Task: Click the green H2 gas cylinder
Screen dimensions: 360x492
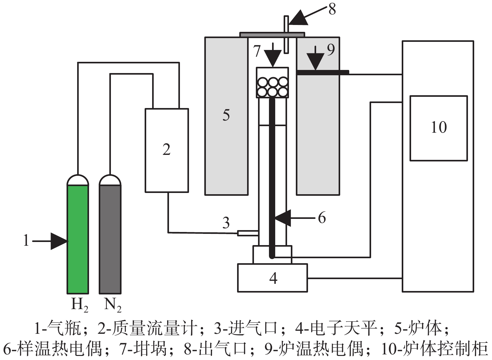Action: click(x=78, y=239)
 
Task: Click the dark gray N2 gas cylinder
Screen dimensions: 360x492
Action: click(x=110, y=239)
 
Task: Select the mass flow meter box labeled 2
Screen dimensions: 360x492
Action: click(x=166, y=150)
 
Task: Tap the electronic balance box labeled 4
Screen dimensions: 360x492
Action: click(x=272, y=278)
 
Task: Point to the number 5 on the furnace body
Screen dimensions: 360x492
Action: click(x=226, y=115)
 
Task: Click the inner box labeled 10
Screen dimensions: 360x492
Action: click(x=439, y=128)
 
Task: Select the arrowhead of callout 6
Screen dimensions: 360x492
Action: click(x=283, y=218)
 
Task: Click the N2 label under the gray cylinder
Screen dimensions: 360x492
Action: click(x=112, y=304)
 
